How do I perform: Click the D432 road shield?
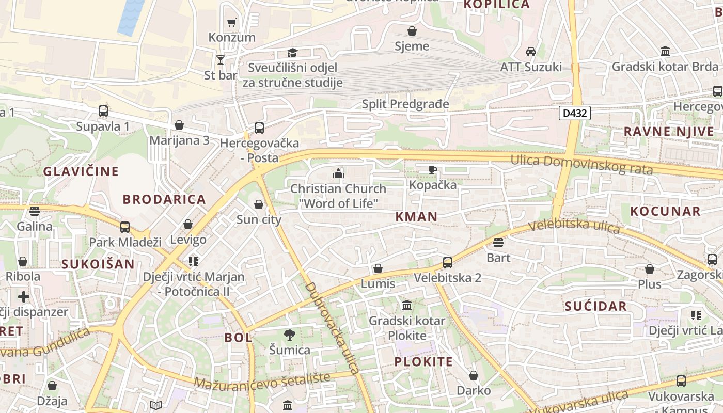(x=574, y=113)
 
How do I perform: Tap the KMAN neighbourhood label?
(x=416, y=217)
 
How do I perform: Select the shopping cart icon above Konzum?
(x=231, y=22)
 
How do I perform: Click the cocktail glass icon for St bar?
(x=221, y=60)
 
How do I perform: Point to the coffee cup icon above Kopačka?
(x=433, y=170)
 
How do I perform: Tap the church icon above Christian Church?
(x=338, y=173)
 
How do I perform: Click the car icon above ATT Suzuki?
(x=530, y=52)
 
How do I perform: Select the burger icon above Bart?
(x=498, y=243)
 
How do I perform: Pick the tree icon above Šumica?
(x=290, y=335)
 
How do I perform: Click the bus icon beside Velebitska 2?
(x=448, y=263)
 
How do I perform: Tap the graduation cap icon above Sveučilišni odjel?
(x=292, y=53)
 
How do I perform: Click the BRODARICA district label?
(x=164, y=199)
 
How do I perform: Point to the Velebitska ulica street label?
(x=574, y=226)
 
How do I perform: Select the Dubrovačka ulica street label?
(x=332, y=327)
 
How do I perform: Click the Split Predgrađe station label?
(x=405, y=104)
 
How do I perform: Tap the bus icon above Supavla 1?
(x=103, y=111)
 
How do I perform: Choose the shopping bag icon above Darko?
(x=473, y=375)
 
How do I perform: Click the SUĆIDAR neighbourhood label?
(x=595, y=306)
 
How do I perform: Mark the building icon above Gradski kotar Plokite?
(x=407, y=305)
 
